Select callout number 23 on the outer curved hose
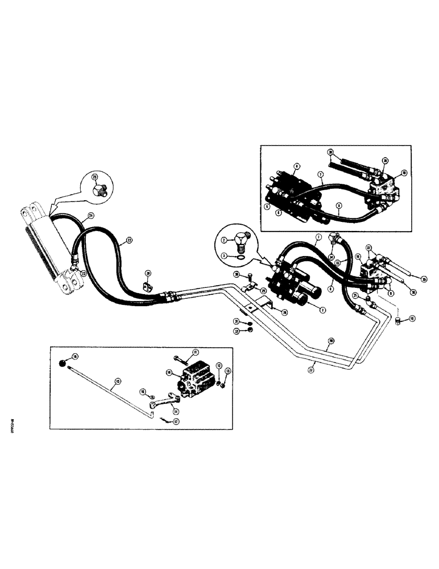(129, 241)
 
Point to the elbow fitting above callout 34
(333, 237)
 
